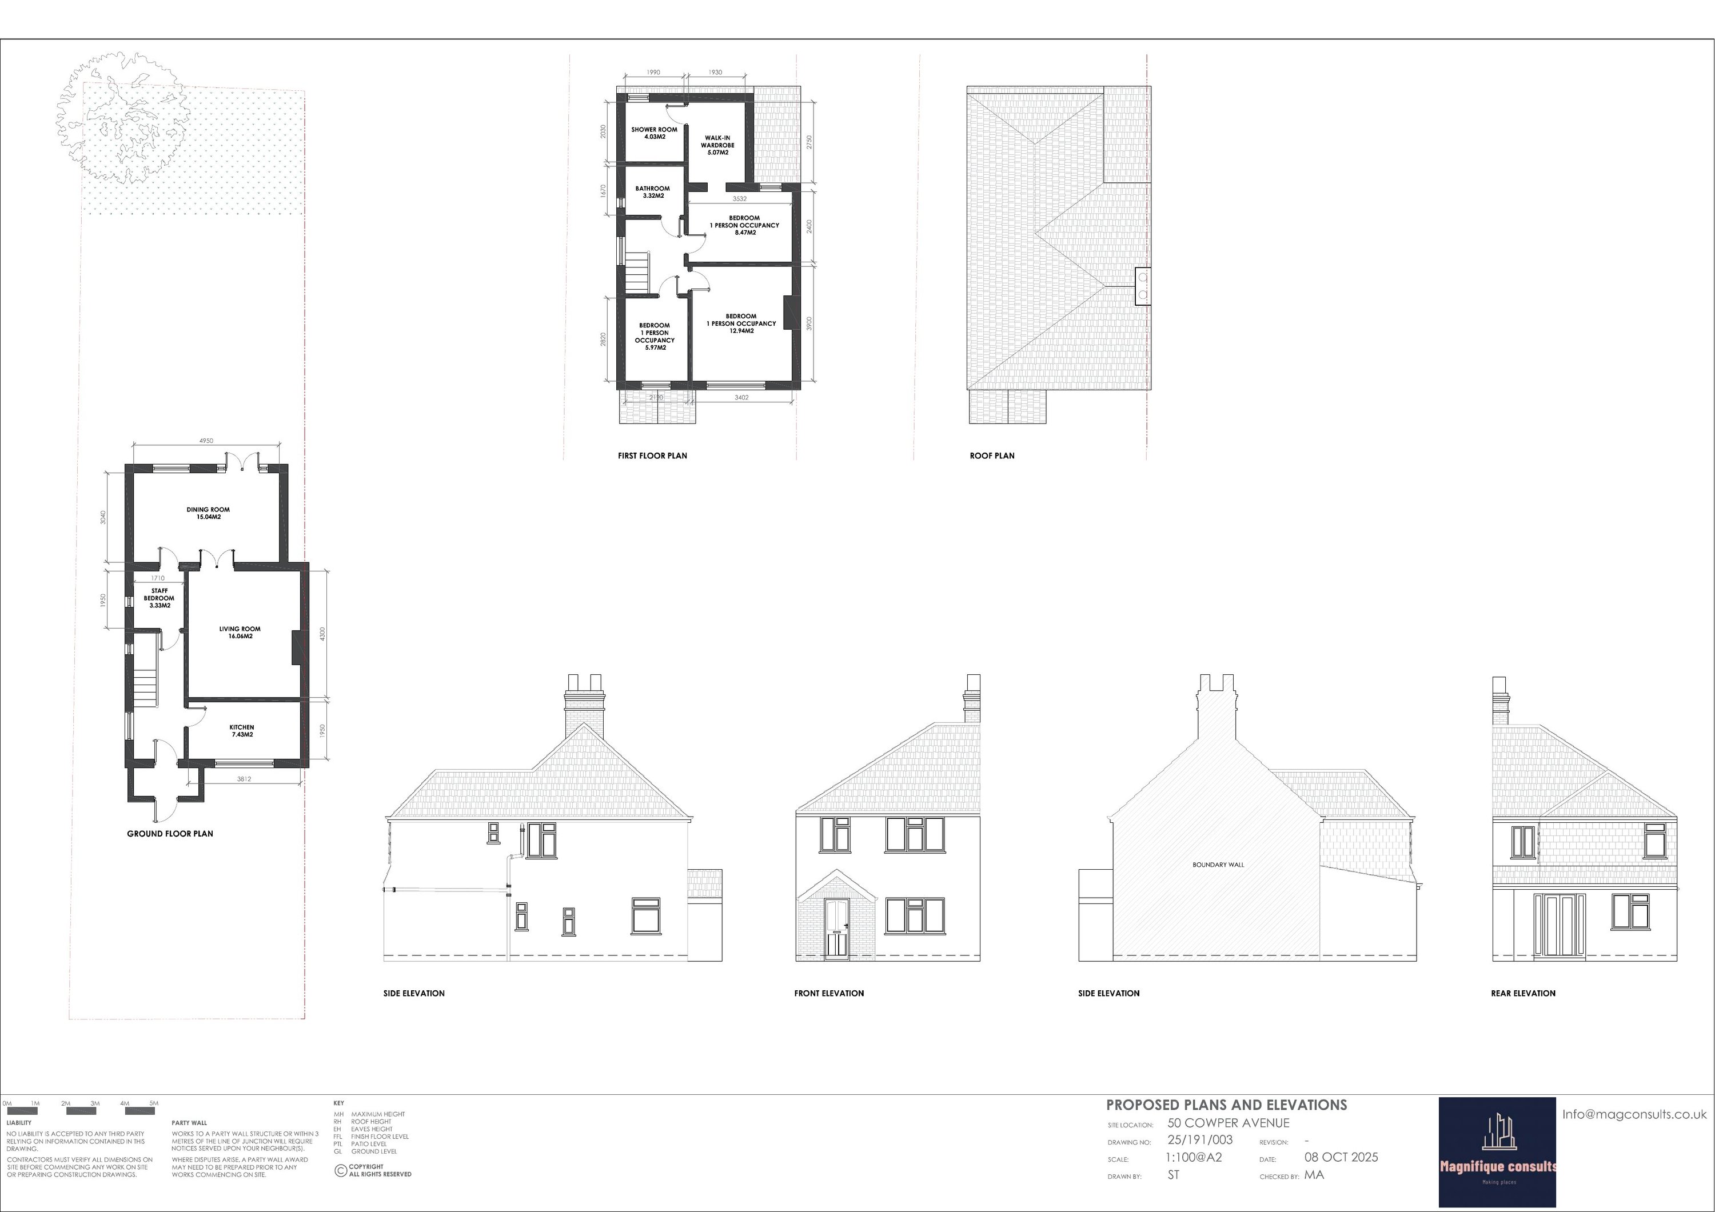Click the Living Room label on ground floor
(240, 633)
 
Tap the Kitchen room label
(242, 730)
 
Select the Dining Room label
(209, 513)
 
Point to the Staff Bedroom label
(159, 598)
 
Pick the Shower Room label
(655, 133)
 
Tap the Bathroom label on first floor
(653, 192)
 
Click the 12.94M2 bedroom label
(741, 323)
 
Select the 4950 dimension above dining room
(206, 441)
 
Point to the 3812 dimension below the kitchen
(244, 779)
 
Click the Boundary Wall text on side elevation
(1218, 865)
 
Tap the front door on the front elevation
(836, 929)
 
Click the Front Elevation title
(829, 993)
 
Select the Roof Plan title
(992, 455)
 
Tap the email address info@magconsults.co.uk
(1634, 1114)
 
